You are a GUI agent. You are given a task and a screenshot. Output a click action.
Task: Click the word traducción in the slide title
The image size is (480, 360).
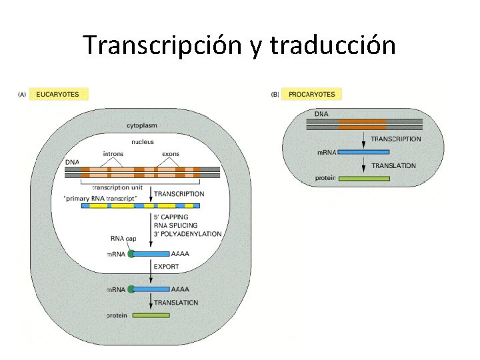click(x=333, y=45)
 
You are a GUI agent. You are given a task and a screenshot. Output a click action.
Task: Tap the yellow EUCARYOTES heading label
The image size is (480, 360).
click(x=57, y=94)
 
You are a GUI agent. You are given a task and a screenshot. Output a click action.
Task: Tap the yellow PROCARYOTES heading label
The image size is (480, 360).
click(x=311, y=94)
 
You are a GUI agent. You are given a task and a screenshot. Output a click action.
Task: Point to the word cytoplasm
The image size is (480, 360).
click(x=143, y=125)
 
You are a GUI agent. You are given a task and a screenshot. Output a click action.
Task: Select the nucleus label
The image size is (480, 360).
click(x=143, y=141)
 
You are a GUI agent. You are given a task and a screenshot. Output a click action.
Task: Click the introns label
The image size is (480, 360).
click(x=113, y=154)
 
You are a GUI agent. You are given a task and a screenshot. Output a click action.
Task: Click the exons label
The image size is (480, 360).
click(x=171, y=154)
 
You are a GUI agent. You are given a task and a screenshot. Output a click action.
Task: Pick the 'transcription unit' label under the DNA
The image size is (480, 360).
click(x=117, y=187)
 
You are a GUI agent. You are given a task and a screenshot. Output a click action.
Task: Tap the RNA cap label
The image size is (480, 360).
click(x=122, y=238)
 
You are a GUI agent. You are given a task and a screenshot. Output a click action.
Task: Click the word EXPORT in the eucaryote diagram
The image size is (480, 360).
click(x=166, y=267)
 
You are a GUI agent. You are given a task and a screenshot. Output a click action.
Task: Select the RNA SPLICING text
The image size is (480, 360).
click(x=175, y=225)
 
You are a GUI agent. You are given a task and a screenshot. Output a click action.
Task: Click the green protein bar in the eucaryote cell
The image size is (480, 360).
click(x=151, y=315)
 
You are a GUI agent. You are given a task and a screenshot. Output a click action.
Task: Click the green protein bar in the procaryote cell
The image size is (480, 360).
click(x=363, y=178)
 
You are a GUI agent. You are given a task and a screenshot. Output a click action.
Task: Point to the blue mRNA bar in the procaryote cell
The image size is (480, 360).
click(x=363, y=152)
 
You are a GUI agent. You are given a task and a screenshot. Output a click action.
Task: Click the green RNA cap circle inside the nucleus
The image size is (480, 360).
click(x=131, y=253)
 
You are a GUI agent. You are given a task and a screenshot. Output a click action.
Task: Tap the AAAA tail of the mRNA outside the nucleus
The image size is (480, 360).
click(x=180, y=289)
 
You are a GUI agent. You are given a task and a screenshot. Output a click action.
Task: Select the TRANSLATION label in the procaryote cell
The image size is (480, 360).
click(x=393, y=165)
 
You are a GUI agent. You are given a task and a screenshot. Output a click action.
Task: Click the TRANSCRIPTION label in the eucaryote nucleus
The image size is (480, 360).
click(x=179, y=193)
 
